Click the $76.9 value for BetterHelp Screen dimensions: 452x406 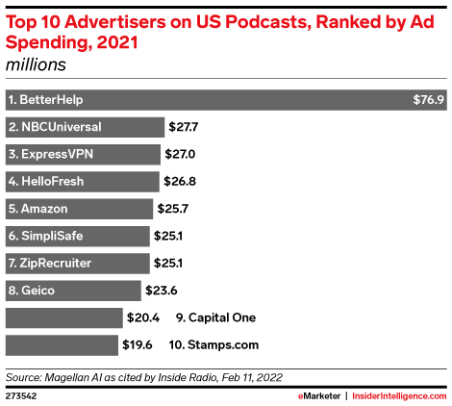click(x=428, y=100)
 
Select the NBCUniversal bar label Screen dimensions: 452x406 click(x=55, y=127)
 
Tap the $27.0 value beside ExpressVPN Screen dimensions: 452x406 click(x=180, y=154)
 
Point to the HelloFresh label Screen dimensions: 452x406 click(x=46, y=182)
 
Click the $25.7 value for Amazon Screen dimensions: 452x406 click(x=172, y=209)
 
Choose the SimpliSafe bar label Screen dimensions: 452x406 click(x=46, y=236)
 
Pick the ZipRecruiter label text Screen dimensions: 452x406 click(x=50, y=264)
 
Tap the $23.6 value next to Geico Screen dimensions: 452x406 click(x=162, y=291)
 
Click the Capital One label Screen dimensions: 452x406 click(x=215, y=317)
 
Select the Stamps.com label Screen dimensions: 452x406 click(x=213, y=345)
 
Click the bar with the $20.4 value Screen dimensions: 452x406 click(x=64, y=317)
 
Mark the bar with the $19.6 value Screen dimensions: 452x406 click(x=62, y=345)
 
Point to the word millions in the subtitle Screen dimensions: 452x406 click(x=36, y=64)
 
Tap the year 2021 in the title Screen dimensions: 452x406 click(x=117, y=42)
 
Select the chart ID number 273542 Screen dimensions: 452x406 click(x=21, y=396)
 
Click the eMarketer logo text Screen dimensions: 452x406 click(x=319, y=396)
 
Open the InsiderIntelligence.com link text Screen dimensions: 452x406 click(x=399, y=396)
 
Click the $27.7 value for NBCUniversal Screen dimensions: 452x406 click(x=183, y=127)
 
